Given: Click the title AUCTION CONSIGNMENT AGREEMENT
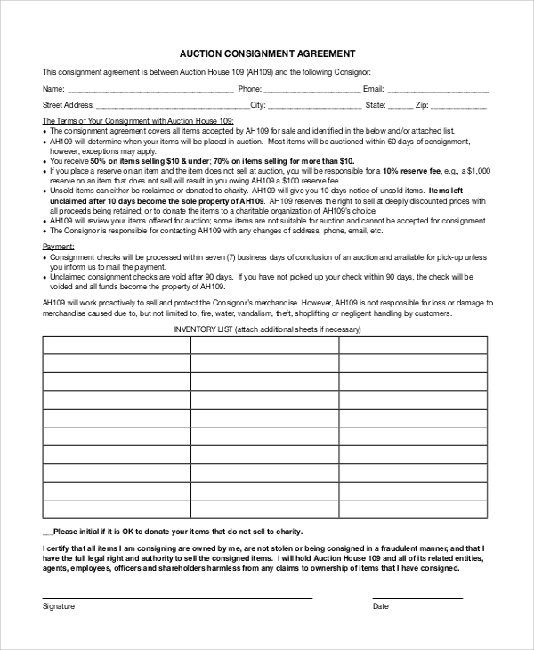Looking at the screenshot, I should pyautogui.click(x=267, y=53).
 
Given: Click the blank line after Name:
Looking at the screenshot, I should pyautogui.click(x=150, y=91).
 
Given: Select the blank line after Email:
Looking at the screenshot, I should pyautogui.click(x=437, y=91).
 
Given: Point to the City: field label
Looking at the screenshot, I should pyautogui.click(x=258, y=105).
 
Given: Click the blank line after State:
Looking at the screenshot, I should pyautogui.click(x=398, y=106).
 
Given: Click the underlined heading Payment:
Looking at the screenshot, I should pyautogui.click(x=59, y=245).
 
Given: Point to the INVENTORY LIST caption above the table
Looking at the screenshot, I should pyautogui.click(x=267, y=329).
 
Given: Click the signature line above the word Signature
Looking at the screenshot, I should pyautogui.click(x=177, y=597).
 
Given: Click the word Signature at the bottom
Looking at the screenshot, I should pyautogui.click(x=59, y=606).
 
